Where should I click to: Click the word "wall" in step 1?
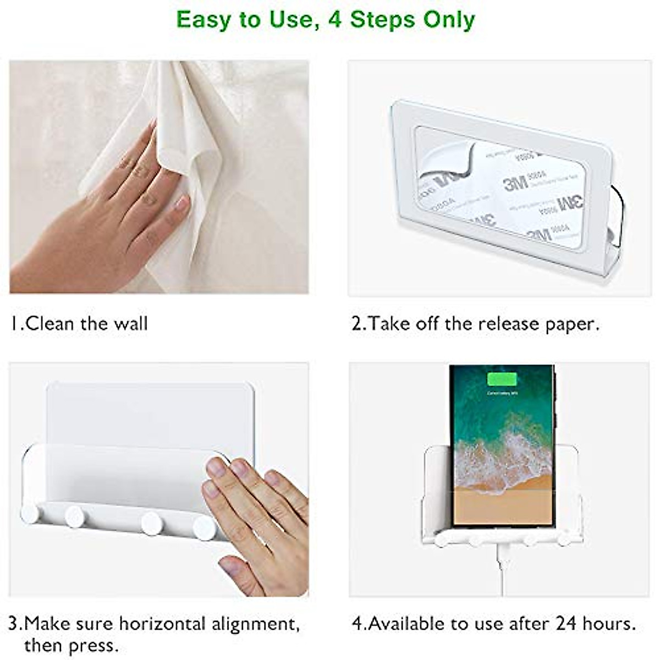click(131, 323)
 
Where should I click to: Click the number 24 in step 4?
click(567, 624)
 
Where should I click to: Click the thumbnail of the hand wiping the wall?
click(159, 177)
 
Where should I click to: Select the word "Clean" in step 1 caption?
click(50, 323)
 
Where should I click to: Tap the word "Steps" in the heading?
click(383, 20)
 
